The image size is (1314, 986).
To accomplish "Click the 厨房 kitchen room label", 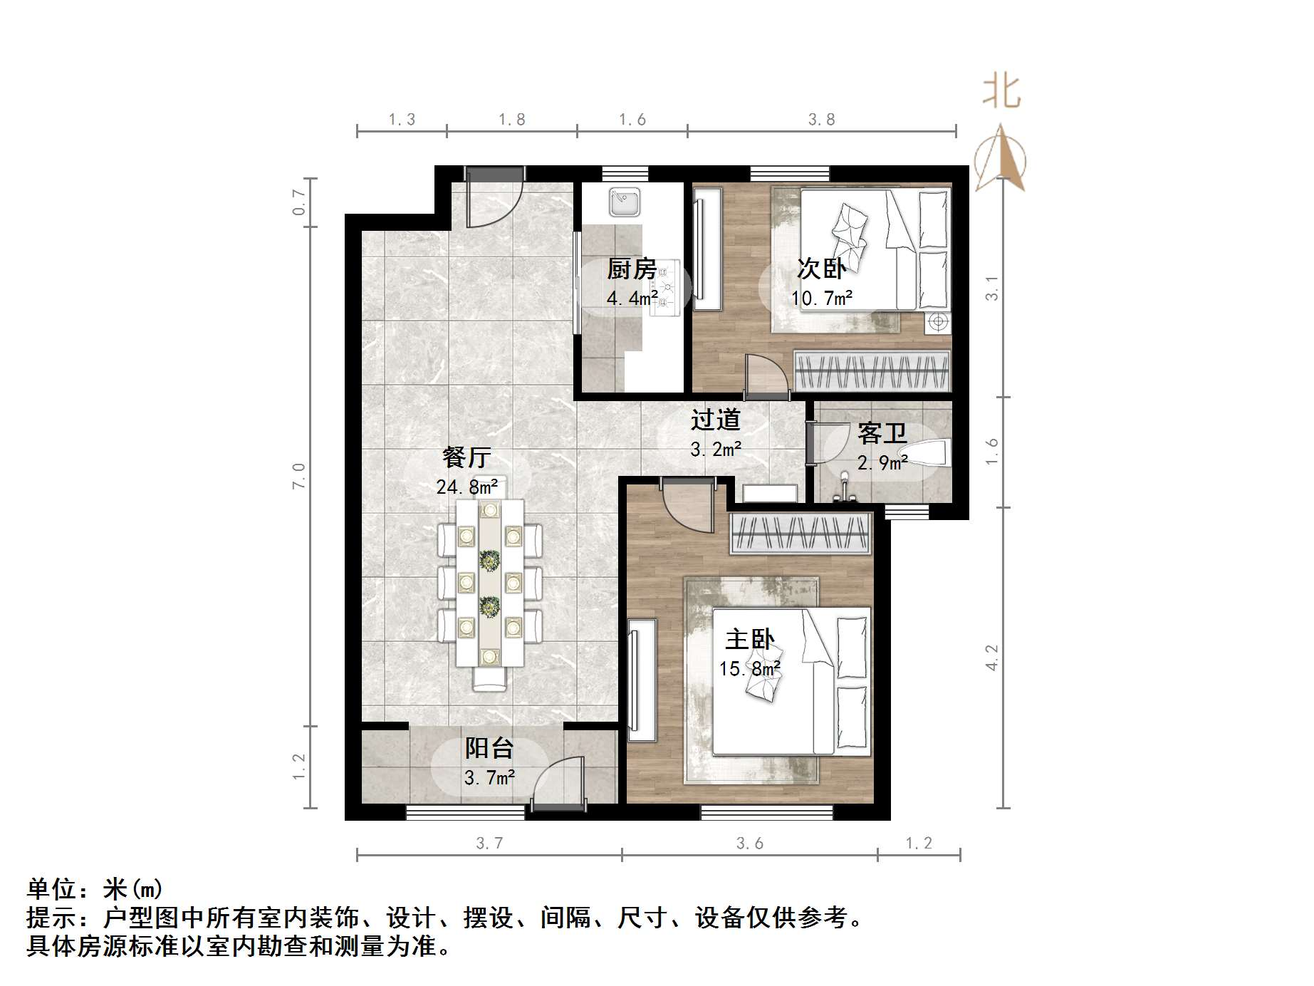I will [632, 269].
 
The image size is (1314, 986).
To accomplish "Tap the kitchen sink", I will [625, 202].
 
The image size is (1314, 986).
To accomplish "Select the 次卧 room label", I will [820, 269].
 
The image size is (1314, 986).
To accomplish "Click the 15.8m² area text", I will [749, 669].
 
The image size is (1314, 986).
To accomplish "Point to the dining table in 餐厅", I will [489, 583].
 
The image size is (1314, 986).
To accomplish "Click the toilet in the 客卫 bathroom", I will [929, 453].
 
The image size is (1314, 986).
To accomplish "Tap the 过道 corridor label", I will [715, 420].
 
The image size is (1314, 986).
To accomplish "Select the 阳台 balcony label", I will [489, 748].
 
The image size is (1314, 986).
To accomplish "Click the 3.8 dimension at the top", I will [821, 120].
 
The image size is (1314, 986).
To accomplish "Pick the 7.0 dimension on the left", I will [298, 475].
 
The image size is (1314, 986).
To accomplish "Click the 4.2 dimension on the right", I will [991, 657].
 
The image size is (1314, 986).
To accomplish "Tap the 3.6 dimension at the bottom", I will [749, 844].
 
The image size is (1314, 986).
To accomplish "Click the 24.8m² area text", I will [466, 487].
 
